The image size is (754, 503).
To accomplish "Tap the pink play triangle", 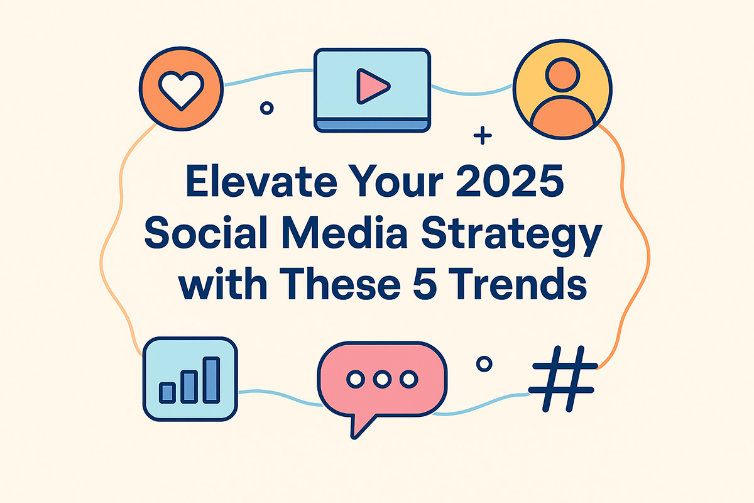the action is tap(371, 86).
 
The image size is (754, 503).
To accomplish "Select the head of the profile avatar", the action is tap(562, 74).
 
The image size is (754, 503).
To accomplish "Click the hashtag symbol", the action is tap(562, 379).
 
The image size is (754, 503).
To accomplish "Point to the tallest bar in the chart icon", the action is tap(211, 380).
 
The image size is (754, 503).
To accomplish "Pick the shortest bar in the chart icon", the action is tap(167, 393).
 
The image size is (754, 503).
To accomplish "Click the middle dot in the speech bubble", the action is tap(382, 379).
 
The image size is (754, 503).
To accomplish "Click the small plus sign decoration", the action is tap(483, 135).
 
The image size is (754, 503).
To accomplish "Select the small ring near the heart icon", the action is tap(267, 108).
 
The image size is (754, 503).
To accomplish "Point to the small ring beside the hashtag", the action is tap(484, 364).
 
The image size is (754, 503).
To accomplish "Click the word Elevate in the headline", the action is tap(261, 181).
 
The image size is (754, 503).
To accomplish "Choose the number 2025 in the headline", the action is tap(510, 181).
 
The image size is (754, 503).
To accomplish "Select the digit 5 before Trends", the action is tap(425, 284).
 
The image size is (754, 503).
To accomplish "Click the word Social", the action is tap(206, 232).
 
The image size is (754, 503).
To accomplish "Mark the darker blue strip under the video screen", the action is tap(372, 124).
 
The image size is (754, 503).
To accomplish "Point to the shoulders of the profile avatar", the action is tap(562, 116).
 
